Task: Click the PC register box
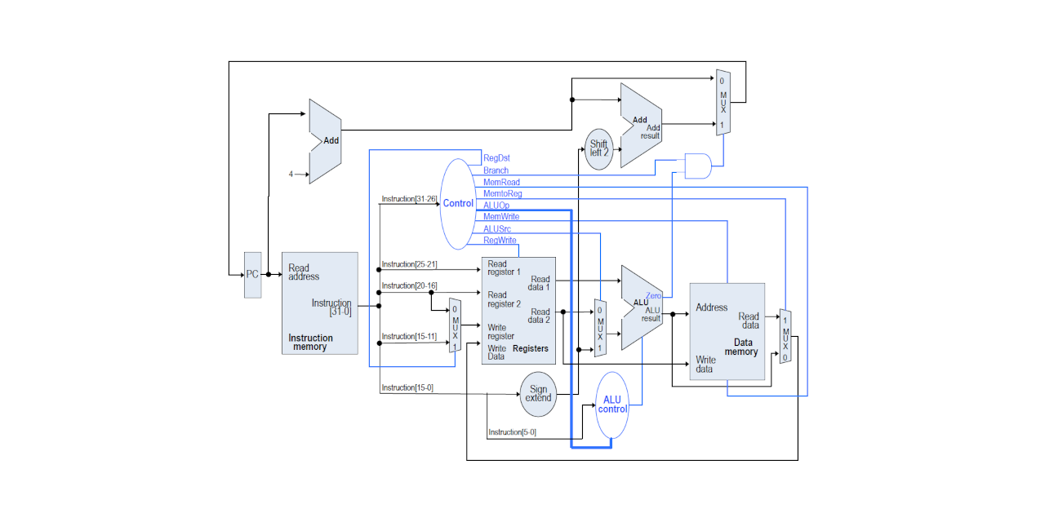252,275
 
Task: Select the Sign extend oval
538,394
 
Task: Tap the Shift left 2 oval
598,149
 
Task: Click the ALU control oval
612,405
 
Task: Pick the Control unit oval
458,204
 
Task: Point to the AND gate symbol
698,166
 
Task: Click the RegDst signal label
496,158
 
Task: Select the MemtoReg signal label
502,193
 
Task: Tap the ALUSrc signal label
497,229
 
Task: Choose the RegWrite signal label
500,241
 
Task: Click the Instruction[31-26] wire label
409,199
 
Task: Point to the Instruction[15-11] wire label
409,337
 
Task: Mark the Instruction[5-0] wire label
512,432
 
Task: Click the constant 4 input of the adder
291,175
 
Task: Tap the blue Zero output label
653,296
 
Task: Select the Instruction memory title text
310,342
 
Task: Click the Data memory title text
740,347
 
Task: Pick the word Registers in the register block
531,348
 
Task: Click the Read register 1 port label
504,268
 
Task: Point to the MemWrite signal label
501,217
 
